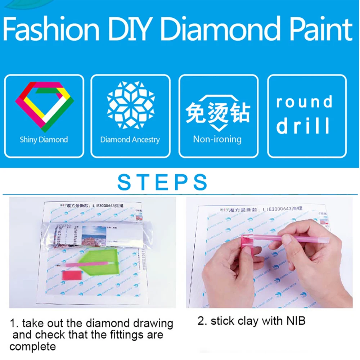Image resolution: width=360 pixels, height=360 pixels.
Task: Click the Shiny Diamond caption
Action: (44, 139)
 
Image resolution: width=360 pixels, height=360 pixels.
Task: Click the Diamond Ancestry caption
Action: (130, 140)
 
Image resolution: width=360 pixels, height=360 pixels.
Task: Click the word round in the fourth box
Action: (304, 103)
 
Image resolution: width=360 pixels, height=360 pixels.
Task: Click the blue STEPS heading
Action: (163, 183)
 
